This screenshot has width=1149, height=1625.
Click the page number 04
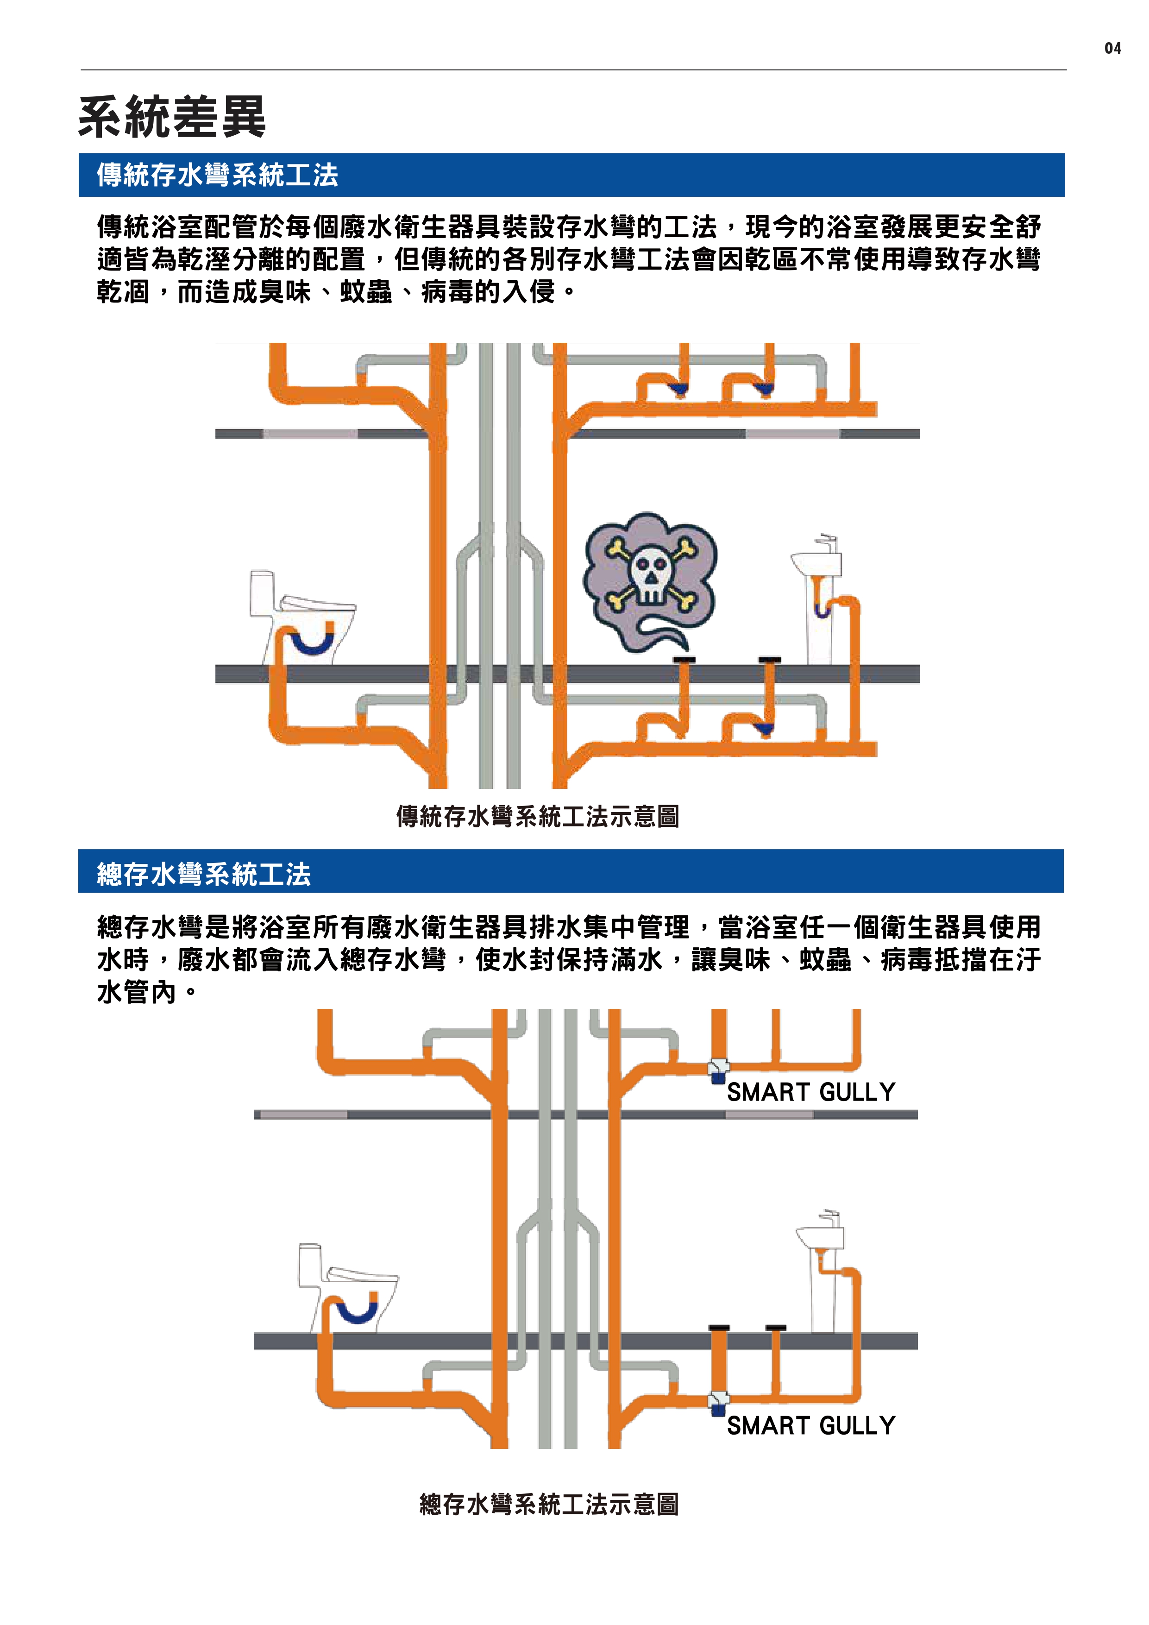1112,48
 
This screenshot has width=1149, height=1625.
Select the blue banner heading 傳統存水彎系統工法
217,175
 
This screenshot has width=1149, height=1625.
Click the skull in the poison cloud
649,575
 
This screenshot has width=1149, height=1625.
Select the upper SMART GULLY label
811,1092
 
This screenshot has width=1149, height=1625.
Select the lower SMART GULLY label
811,1425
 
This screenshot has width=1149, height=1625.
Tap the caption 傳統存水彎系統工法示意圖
538,816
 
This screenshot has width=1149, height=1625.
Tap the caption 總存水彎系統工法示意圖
549,1505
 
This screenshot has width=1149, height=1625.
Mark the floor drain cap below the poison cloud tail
684,660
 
